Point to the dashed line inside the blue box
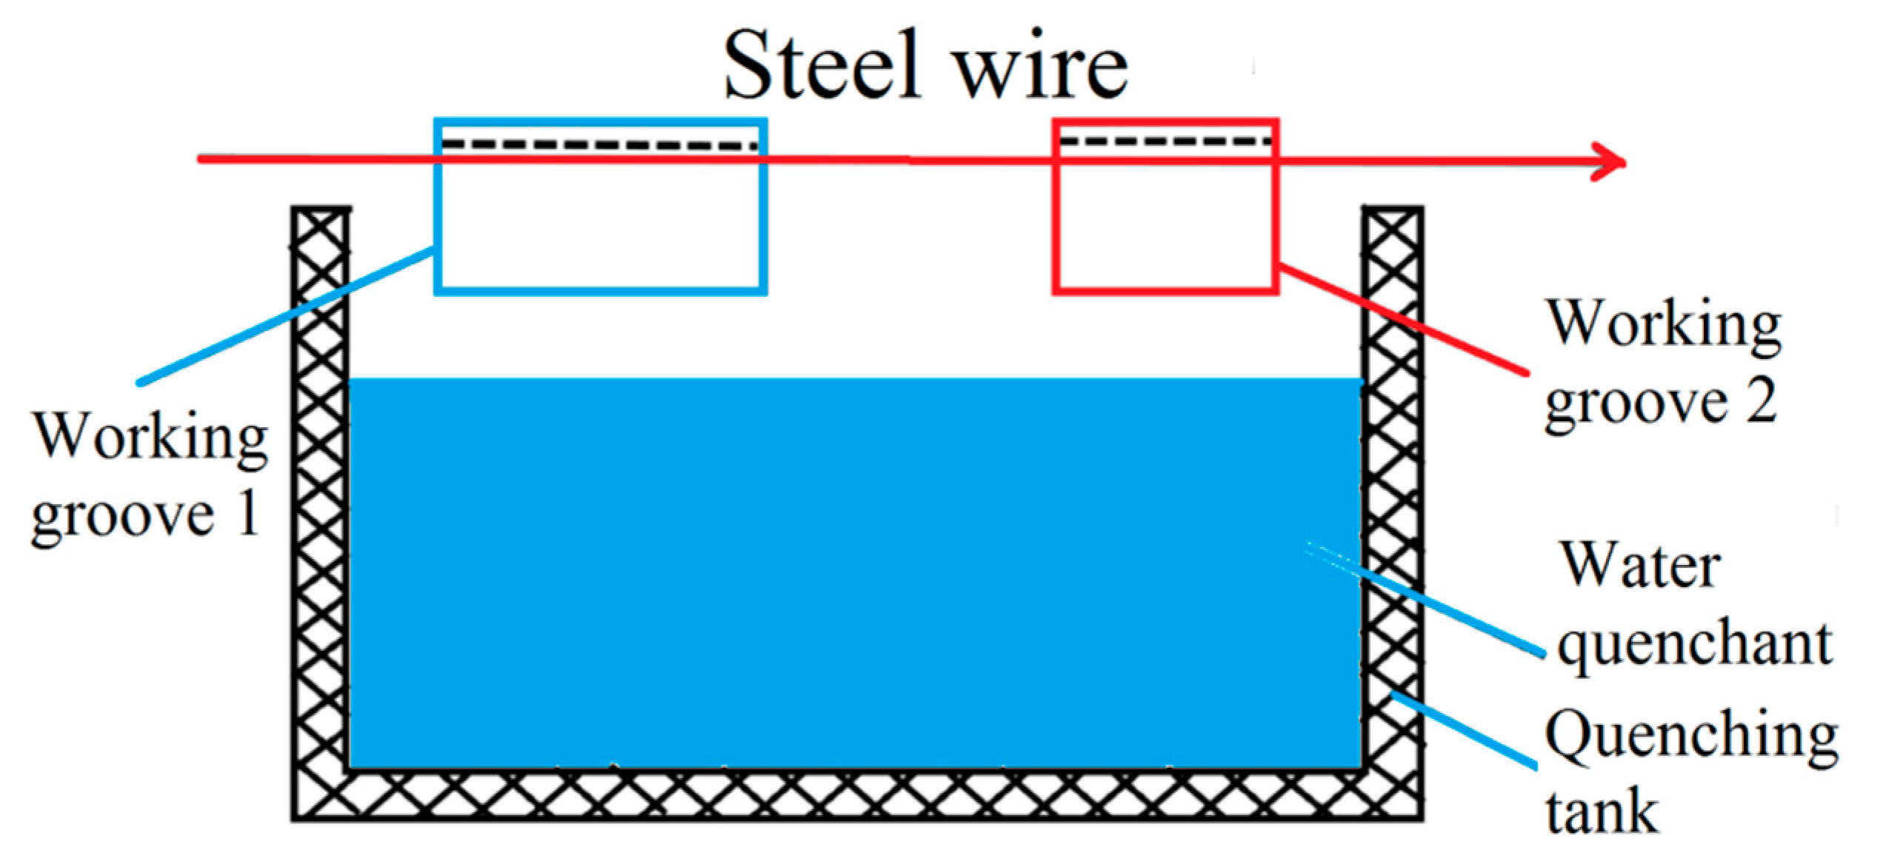point(600,144)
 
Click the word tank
point(1600,812)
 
